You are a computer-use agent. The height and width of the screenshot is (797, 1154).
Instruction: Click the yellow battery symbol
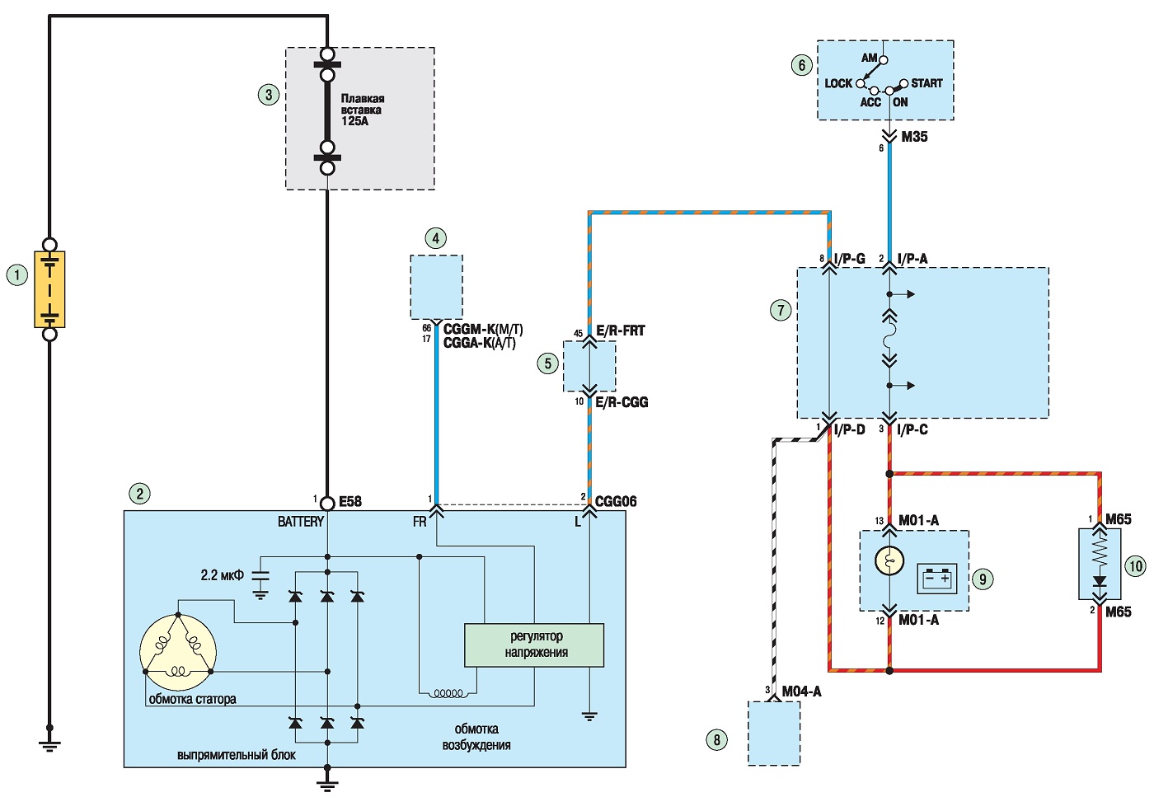coord(49,289)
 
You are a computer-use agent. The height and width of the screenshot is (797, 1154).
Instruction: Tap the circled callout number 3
coord(269,95)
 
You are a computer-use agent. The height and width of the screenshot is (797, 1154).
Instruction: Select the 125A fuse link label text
coord(363,110)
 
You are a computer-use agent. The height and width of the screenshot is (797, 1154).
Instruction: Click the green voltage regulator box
coord(534,645)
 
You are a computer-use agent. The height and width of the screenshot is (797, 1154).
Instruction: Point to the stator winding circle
coord(178,652)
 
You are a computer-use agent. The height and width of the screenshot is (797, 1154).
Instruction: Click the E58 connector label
coord(350,502)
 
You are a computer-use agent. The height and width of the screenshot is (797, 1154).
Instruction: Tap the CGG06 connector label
coord(616,501)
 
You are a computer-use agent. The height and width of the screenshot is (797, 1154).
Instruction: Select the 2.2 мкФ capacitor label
coord(222,575)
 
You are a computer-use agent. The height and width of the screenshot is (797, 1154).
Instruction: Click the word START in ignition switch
coord(926,83)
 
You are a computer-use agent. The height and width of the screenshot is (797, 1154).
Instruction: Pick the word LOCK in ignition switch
coord(838,83)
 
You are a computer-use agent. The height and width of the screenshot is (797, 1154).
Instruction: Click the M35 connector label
coord(914,137)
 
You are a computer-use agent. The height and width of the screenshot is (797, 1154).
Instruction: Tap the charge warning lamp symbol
coord(889,560)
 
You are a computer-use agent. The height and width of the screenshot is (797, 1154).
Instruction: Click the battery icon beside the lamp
coord(937,579)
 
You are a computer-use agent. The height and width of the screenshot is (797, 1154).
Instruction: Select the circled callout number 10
coord(1136,566)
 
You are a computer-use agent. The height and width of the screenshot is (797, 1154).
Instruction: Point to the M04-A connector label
coord(801,692)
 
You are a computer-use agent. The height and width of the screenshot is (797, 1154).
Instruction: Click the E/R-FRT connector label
coord(620,331)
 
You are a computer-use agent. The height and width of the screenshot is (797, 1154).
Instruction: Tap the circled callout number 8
coord(716,740)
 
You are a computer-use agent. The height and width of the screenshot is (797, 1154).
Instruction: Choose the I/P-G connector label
coord(850,259)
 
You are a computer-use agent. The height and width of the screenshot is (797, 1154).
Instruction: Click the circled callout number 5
coord(547,363)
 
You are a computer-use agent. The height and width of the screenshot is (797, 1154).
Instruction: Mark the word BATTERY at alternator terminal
coord(301,522)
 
